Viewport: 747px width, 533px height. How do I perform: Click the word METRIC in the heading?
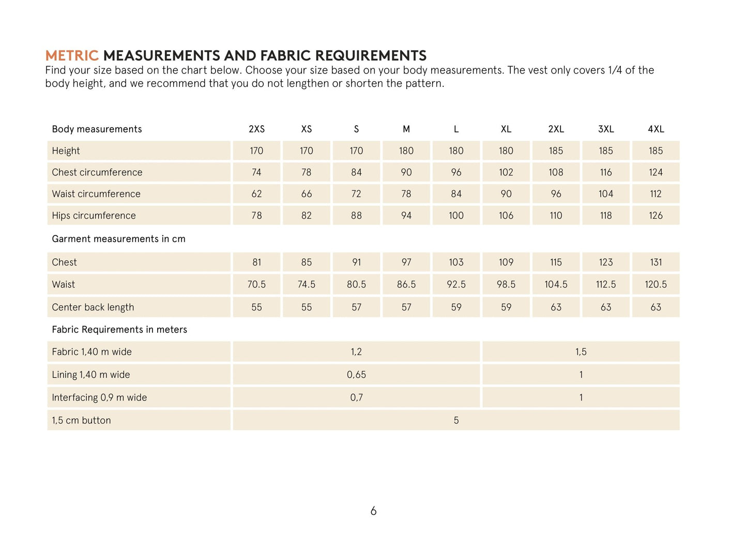71,55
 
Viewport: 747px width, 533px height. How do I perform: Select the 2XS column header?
256,129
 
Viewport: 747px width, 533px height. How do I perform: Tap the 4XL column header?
655,129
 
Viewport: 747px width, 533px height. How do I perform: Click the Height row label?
66,151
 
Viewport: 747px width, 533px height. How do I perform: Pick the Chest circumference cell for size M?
406,172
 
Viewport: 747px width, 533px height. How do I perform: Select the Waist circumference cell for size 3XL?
606,194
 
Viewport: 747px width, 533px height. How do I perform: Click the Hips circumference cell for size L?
456,216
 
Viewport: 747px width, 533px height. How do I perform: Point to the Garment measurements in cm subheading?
118,239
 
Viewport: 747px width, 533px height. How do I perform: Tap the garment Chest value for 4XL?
655,262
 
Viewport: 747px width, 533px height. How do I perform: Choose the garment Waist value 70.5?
256,285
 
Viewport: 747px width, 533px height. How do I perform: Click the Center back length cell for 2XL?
556,307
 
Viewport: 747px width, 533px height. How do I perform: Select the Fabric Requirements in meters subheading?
119,330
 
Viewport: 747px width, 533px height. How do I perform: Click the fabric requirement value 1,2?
356,352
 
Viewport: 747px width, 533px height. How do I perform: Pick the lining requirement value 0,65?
356,375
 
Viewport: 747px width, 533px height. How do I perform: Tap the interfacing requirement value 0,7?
356,397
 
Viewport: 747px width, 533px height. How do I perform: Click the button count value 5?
456,420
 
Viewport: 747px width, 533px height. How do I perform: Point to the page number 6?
373,511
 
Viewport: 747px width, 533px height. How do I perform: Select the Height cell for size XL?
506,151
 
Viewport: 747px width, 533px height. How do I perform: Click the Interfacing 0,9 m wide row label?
99,397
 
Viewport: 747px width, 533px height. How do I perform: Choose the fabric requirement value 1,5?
581,352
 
